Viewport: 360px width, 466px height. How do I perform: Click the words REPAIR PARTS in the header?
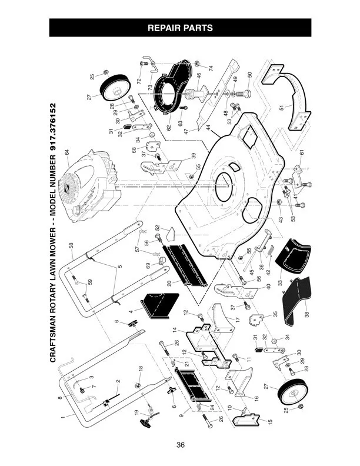[180, 28]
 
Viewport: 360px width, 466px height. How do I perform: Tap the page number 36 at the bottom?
[181, 445]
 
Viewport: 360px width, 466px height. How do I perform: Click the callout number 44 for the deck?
[208, 128]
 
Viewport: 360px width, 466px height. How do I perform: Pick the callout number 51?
[281, 107]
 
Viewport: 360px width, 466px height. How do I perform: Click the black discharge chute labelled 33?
[293, 256]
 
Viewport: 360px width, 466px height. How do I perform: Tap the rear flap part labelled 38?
[296, 300]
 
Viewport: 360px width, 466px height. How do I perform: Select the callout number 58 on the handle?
[71, 246]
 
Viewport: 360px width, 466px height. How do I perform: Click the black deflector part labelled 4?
[160, 306]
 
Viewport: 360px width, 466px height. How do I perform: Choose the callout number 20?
[169, 283]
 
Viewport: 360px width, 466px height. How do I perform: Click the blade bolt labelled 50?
[246, 94]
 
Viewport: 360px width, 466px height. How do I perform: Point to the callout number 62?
[169, 128]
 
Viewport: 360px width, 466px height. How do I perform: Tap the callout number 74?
[211, 68]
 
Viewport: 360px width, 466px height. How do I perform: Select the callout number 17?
[236, 319]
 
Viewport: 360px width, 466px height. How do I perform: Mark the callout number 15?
[270, 421]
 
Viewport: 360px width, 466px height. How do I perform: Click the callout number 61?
[302, 152]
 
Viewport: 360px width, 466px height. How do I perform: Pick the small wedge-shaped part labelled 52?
[171, 234]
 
